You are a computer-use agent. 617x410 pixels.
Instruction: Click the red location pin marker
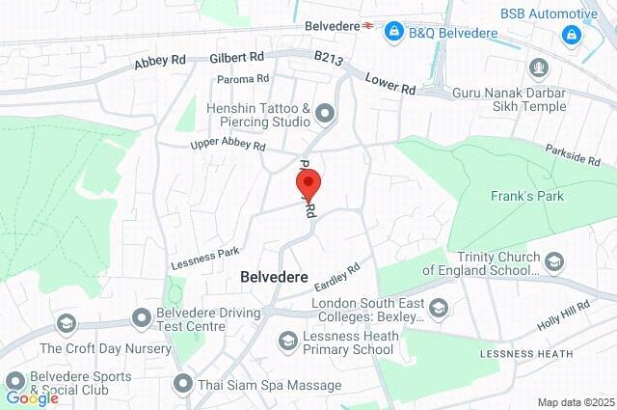pyautogui.click(x=308, y=183)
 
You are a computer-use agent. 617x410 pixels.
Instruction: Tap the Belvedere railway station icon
pyautogui.click(x=368, y=27)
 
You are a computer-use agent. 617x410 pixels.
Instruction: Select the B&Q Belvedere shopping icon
pyautogui.click(x=393, y=34)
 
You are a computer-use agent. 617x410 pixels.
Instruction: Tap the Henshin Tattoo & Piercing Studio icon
pyautogui.click(x=325, y=116)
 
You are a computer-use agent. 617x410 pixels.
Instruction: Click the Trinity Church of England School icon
pyautogui.click(x=554, y=261)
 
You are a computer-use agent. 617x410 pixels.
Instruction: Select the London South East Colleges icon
pyautogui.click(x=439, y=309)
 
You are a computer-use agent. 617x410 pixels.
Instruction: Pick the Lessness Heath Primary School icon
pyautogui.click(x=287, y=341)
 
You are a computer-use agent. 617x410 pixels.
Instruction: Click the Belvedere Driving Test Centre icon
pyautogui.click(x=141, y=315)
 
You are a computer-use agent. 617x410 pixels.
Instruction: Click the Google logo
pyautogui.click(x=32, y=397)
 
